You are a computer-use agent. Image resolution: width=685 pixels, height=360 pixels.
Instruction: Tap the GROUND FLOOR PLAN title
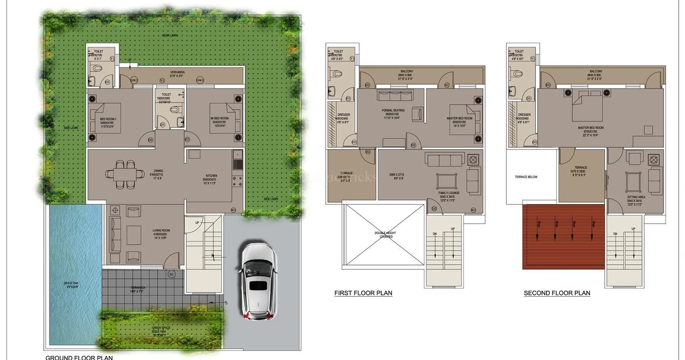pos(79,357)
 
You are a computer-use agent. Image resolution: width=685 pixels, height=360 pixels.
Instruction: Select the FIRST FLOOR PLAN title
pos(363,293)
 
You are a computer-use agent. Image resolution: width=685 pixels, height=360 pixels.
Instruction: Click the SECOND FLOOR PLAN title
pos(557,293)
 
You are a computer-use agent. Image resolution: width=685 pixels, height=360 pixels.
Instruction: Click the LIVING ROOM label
pos(161,231)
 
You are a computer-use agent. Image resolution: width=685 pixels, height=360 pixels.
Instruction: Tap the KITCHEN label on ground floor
pos(211,176)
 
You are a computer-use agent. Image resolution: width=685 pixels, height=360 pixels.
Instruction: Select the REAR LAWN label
pos(170,35)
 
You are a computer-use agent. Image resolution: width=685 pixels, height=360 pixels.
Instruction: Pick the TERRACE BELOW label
pos(526,177)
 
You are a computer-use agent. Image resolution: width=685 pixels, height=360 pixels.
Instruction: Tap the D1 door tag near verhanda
pos(171,274)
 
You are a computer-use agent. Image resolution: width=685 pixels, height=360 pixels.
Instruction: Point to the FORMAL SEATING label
pos(393,110)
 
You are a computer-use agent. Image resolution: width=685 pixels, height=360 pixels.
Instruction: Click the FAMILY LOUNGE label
pos(449,193)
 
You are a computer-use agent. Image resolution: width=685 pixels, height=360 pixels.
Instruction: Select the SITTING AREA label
pos(636,197)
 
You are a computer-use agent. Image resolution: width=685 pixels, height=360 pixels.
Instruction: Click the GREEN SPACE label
pos(161,328)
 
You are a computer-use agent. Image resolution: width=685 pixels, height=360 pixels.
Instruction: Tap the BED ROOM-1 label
pos(108,119)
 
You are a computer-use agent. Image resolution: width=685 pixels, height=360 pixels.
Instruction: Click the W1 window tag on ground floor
pos(233,210)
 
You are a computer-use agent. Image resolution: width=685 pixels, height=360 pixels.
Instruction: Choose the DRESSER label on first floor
pos(344,115)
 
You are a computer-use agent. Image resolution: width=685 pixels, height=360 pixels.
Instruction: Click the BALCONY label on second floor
pos(596,71)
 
